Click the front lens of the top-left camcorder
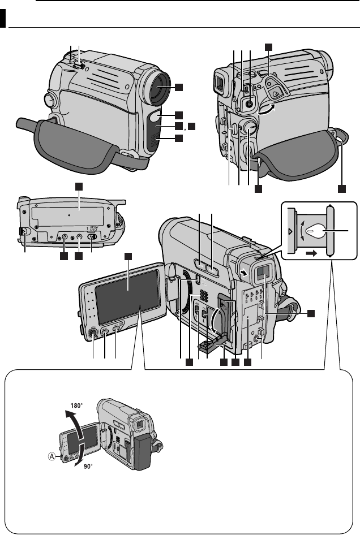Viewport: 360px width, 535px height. [x=160, y=88]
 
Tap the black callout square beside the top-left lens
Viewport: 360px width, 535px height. [x=179, y=87]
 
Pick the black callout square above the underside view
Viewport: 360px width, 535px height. [x=79, y=186]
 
